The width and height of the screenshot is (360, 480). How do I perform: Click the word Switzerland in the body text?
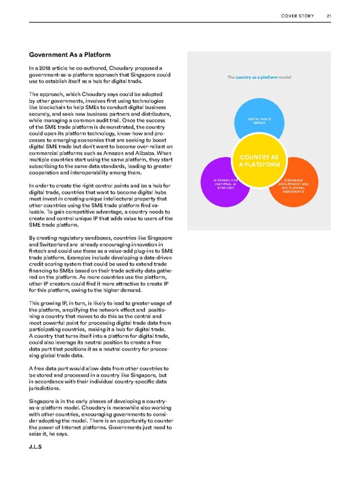pos(64,261)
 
